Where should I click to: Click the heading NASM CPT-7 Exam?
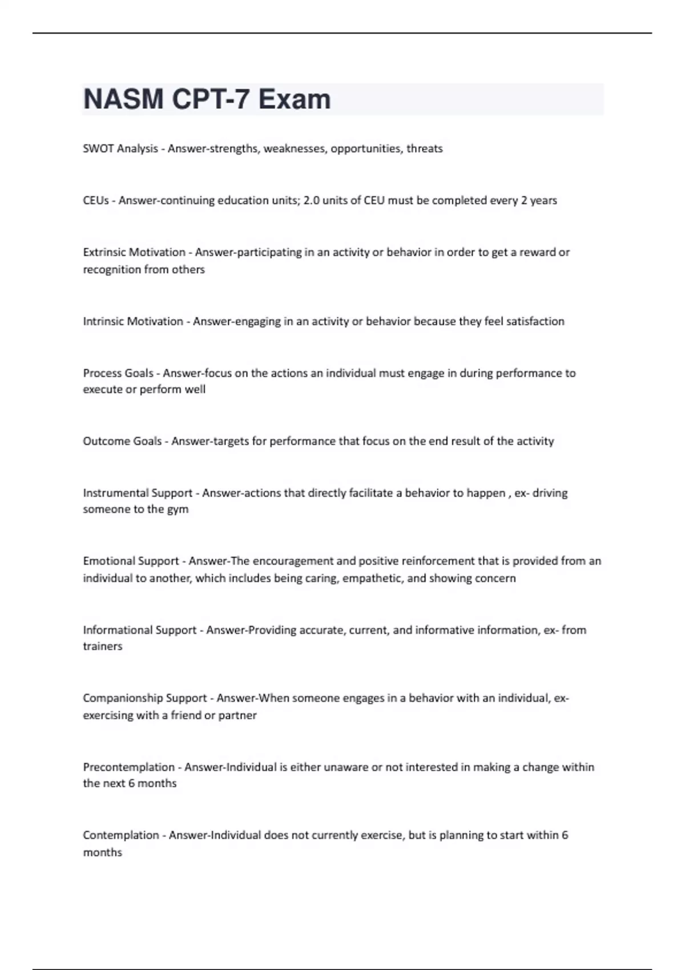coord(207,99)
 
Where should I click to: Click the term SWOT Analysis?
coord(120,149)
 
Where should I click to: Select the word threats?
coord(424,149)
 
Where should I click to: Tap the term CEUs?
coord(96,201)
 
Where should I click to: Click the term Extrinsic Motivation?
coord(134,252)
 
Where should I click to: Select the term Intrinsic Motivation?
coord(133,321)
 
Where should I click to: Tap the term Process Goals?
coord(118,373)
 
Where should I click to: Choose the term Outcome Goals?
coord(122,441)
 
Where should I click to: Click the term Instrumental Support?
coord(138,493)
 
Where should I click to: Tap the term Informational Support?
coord(140,630)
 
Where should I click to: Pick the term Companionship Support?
coord(145,698)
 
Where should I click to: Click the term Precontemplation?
coord(129,767)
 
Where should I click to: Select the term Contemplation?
coord(121,835)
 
